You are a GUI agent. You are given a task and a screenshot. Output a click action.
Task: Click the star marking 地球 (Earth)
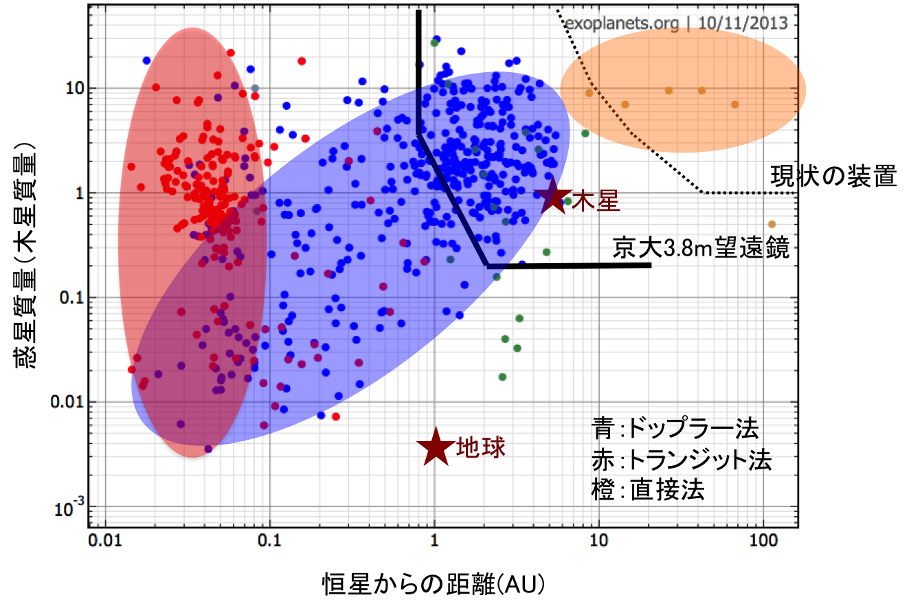[x=436, y=447]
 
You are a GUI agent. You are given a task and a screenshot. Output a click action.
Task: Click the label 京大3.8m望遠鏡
[x=701, y=247]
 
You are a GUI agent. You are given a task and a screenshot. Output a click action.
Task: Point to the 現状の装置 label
[x=833, y=176]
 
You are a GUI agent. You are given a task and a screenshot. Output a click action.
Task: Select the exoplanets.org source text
[x=622, y=23]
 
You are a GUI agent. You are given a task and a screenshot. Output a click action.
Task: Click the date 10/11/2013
[x=743, y=23]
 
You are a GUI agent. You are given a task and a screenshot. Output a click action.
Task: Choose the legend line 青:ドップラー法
[x=675, y=428]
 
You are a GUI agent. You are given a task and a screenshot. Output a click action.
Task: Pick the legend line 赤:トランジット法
[x=682, y=460]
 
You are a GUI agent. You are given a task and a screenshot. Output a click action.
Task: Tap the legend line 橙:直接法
[x=648, y=490]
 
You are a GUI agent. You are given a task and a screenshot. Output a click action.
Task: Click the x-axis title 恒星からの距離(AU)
[x=434, y=584]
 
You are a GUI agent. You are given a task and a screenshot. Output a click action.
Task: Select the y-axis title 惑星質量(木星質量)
[x=25, y=256]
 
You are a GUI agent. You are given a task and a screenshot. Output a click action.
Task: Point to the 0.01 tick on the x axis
[x=105, y=541]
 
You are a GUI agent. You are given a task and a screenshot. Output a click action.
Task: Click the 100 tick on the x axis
[x=763, y=541]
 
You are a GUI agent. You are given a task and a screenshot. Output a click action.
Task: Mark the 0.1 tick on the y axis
[x=71, y=298]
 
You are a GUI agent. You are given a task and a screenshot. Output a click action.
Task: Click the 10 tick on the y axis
[x=75, y=88]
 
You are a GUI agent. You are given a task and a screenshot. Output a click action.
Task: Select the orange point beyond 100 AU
[x=772, y=224]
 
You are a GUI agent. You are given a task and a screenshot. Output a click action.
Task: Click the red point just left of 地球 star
[x=335, y=416]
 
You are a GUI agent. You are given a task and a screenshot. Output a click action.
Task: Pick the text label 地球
[x=481, y=447]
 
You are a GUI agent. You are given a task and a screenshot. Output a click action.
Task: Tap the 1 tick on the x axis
[x=434, y=541]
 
